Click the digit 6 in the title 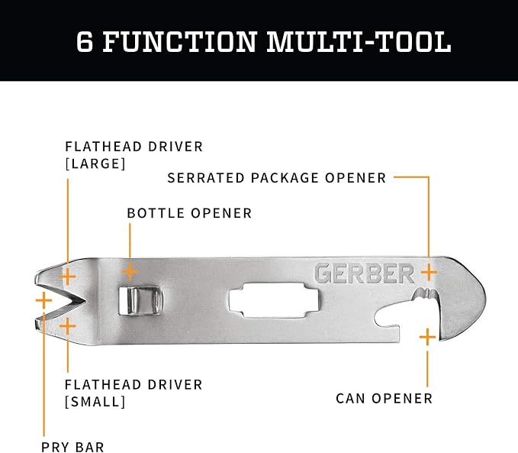point(84,41)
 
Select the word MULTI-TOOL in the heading point(359,41)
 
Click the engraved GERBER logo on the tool point(364,273)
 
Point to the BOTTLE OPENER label point(189,213)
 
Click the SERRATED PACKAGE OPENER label point(277,178)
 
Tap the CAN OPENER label point(384,399)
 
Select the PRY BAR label point(72,447)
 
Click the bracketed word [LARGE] point(95,163)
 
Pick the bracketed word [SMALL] point(95,402)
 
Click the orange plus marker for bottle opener point(130,272)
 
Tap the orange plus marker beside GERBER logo point(429,272)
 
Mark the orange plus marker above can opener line point(427,337)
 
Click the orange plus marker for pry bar point(44,300)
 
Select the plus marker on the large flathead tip point(68,277)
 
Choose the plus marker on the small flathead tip point(68,326)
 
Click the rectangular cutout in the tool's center point(274,300)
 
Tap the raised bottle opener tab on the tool point(140,300)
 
